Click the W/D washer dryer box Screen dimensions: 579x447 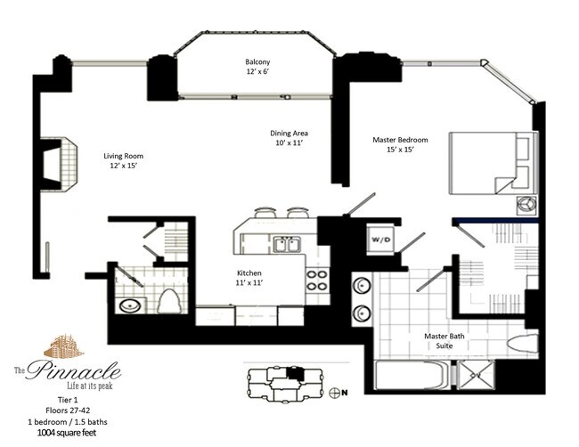(380, 240)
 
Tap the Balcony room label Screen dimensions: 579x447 (257, 67)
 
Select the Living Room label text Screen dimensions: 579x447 (123, 160)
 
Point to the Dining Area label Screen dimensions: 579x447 (289, 138)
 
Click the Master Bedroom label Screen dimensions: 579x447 (400, 144)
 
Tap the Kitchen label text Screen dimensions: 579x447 (249, 278)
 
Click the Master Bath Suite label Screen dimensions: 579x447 (444, 341)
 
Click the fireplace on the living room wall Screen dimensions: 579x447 (58, 164)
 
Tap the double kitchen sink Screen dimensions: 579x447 (287, 244)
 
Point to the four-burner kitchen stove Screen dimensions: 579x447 (317, 280)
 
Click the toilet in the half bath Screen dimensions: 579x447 (168, 301)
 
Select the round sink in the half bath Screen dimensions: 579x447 (130, 305)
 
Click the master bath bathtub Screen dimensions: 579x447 (411, 375)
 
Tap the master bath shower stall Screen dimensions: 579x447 (476, 375)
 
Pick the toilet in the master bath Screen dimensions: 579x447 (523, 344)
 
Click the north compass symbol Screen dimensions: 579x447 (334, 393)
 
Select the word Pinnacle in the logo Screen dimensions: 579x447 (73, 370)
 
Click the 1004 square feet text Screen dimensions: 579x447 (67, 433)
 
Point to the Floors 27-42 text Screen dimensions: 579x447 (68, 410)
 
